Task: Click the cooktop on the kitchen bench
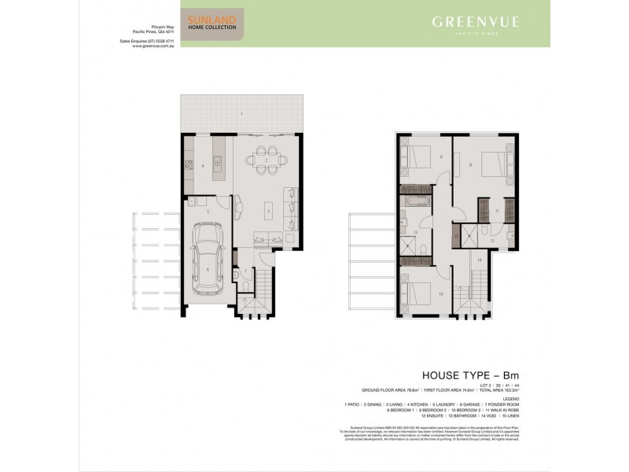click(x=189, y=166)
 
